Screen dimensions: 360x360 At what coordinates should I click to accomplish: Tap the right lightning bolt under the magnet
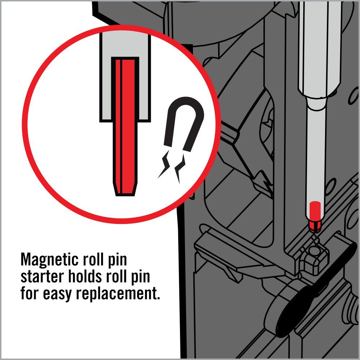coord(180,168)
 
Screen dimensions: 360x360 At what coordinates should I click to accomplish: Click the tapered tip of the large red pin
coord(125,189)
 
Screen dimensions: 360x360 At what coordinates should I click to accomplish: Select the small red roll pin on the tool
coord(315,217)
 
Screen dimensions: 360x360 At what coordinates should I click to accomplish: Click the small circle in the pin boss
coord(315,251)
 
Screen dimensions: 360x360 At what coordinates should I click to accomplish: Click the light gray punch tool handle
coord(319,48)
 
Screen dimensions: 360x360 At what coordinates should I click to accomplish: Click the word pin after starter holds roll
coord(140,278)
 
